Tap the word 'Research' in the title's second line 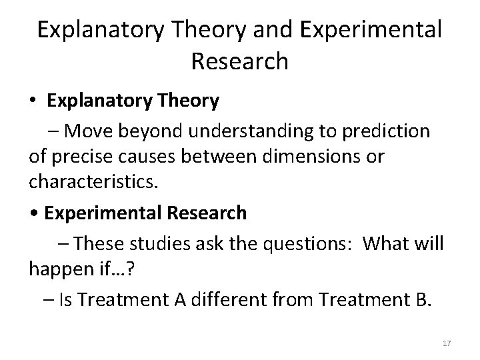239,61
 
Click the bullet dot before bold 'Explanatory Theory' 32,101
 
